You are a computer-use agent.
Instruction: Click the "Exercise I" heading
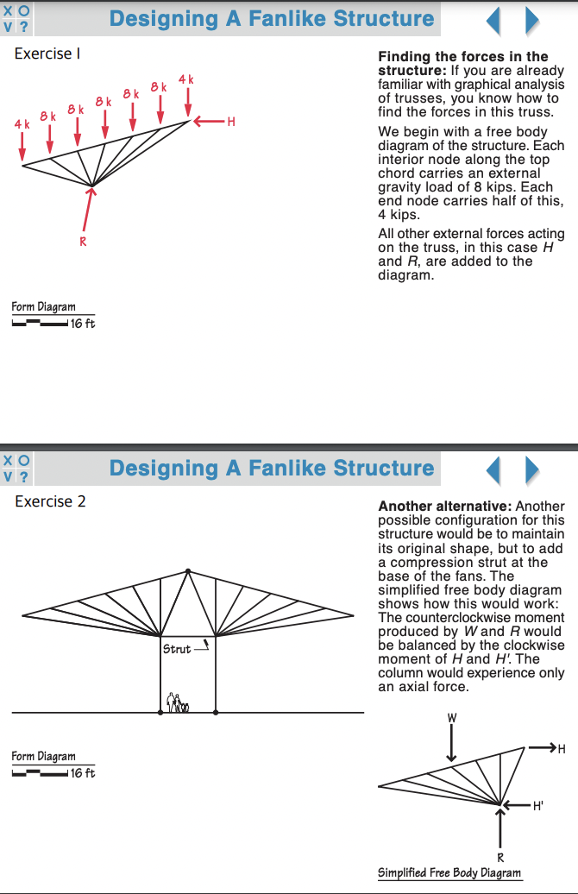point(47,54)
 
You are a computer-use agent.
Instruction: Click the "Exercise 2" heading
point(50,501)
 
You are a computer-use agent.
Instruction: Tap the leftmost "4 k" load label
point(22,124)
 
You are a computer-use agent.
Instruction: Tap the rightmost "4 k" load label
point(186,80)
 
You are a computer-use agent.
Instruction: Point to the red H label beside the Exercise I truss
point(230,122)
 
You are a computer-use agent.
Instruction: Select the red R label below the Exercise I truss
point(83,242)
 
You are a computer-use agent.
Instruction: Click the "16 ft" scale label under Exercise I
point(83,324)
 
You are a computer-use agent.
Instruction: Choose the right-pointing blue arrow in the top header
point(532,20)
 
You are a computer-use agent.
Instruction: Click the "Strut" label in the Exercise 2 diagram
point(176,649)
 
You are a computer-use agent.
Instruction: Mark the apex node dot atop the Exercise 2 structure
point(188,571)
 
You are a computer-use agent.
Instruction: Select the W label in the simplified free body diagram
point(451,718)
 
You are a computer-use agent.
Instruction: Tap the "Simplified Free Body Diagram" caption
point(449,872)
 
